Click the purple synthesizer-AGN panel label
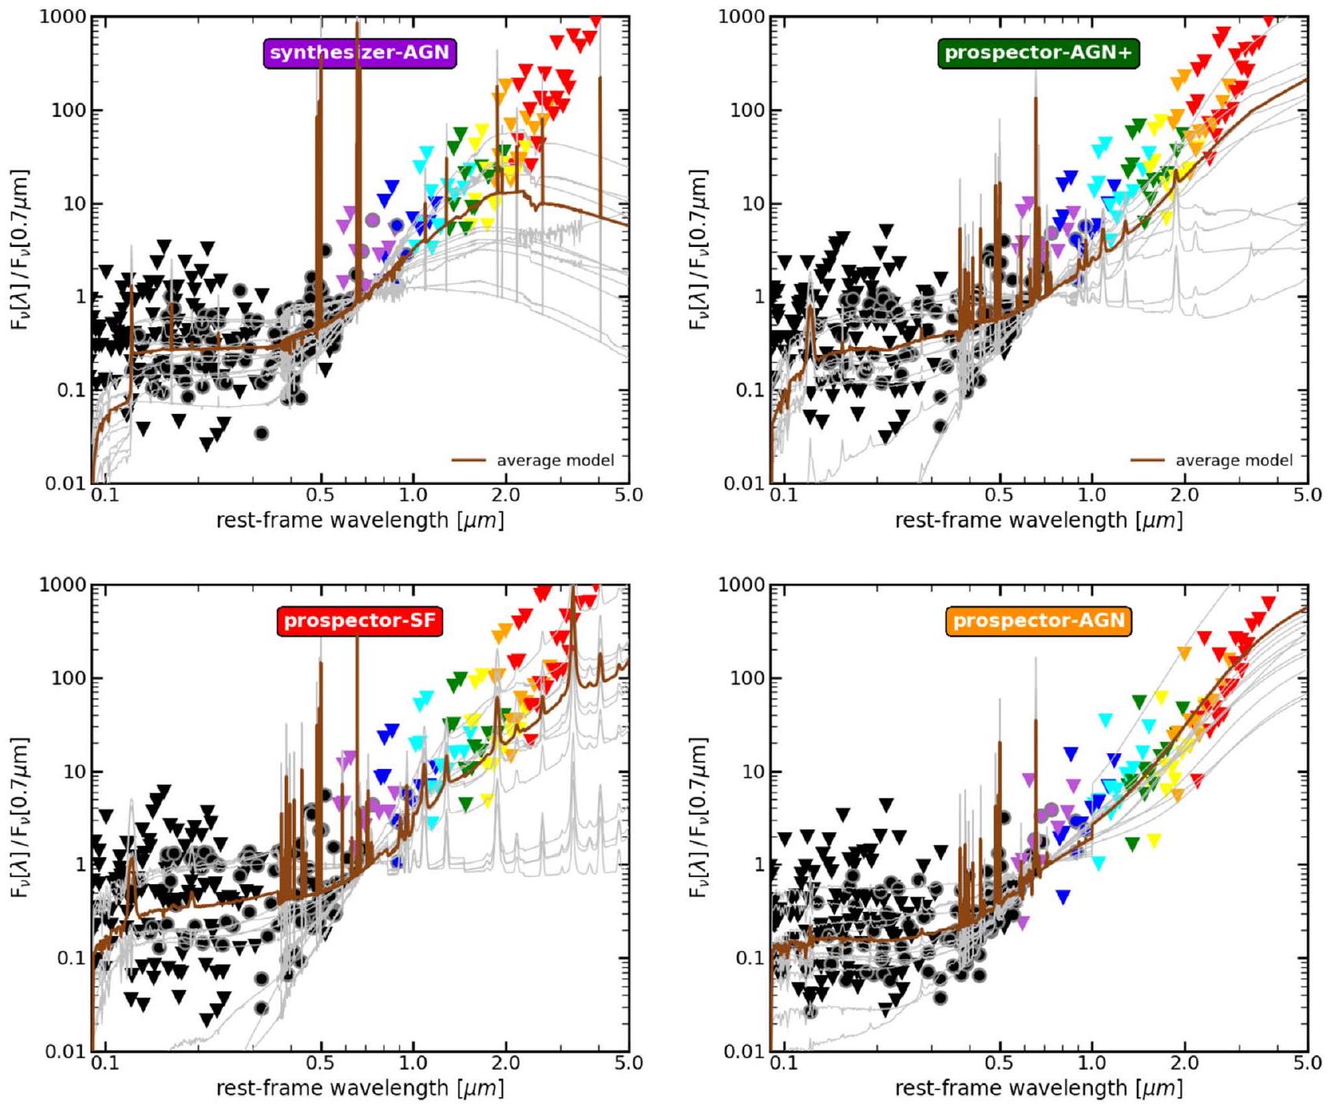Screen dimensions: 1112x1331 (360, 54)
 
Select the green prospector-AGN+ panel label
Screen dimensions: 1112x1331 (1038, 54)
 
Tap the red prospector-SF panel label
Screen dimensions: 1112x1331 (360, 621)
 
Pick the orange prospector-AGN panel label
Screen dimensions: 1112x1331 (1038, 621)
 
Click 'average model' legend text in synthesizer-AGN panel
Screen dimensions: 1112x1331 (555, 461)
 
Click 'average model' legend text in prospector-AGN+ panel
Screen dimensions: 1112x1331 (1234, 461)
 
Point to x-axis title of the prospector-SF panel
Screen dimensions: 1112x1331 (360, 1089)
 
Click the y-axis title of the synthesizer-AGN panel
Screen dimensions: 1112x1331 (20, 249)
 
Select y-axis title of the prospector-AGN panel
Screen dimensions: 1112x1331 (698, 817)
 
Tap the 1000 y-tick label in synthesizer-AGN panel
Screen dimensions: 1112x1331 (62, 17)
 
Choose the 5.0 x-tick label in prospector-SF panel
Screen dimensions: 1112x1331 (628, 1064)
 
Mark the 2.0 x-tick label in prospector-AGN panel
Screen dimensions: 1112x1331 (1184, 1064)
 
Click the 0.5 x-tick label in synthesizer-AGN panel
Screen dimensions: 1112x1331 (320, 496)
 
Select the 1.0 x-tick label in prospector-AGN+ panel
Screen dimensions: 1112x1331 (1092, 496)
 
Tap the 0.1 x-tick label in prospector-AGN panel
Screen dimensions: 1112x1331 (783, 1064)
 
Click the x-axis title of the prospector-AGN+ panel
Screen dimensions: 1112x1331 (1038, 521)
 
